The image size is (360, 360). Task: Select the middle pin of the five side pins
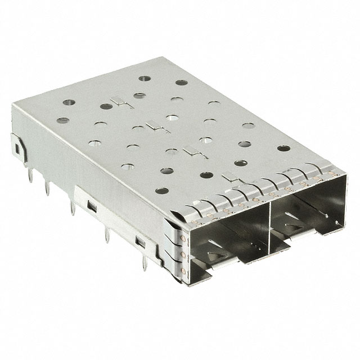72,208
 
